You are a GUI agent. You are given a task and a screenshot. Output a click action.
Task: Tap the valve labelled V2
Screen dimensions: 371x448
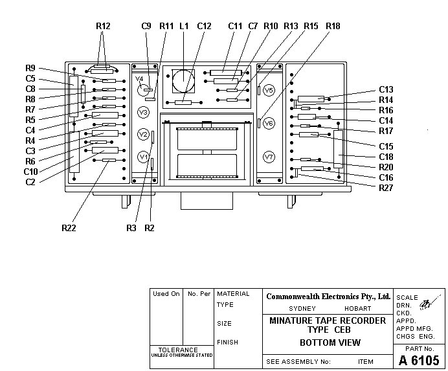(x=144, y=134)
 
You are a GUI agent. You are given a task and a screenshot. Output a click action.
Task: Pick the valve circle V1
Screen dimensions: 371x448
(x=144, y=157)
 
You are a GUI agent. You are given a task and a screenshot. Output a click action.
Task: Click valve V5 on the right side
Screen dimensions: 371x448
(x=269, y=90)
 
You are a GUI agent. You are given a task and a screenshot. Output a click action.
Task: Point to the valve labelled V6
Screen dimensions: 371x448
(x=269, y=123)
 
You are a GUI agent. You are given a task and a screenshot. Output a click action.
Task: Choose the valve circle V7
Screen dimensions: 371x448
(x=269, y=157)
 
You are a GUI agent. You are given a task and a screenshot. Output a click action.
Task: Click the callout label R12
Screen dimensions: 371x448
(x=102, y=26)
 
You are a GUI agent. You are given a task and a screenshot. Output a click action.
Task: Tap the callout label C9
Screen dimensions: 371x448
(x=146, y=26)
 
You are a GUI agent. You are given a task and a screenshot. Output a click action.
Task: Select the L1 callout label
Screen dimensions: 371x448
(x=184, y=26)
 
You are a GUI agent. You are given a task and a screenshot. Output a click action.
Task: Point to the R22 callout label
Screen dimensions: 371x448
(x=69, y=227)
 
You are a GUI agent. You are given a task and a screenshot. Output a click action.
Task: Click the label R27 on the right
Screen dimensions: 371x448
(x=386, y=188)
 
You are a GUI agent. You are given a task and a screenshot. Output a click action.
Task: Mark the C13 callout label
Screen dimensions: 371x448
(x=386, y=89)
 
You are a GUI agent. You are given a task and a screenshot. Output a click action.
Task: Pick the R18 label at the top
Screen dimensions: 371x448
(x=333, y=26)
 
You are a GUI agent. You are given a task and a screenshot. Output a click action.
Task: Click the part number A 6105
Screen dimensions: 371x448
(x=419, y=360)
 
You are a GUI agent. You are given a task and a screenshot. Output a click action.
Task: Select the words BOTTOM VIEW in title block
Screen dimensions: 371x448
(x=330, y=343)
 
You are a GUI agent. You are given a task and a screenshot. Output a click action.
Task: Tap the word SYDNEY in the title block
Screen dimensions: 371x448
(x=302, y=309)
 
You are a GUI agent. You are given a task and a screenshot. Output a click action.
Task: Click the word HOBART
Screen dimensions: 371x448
(x=358, y=309)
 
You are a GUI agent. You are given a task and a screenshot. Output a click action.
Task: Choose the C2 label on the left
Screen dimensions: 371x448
(x=30, y=182)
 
